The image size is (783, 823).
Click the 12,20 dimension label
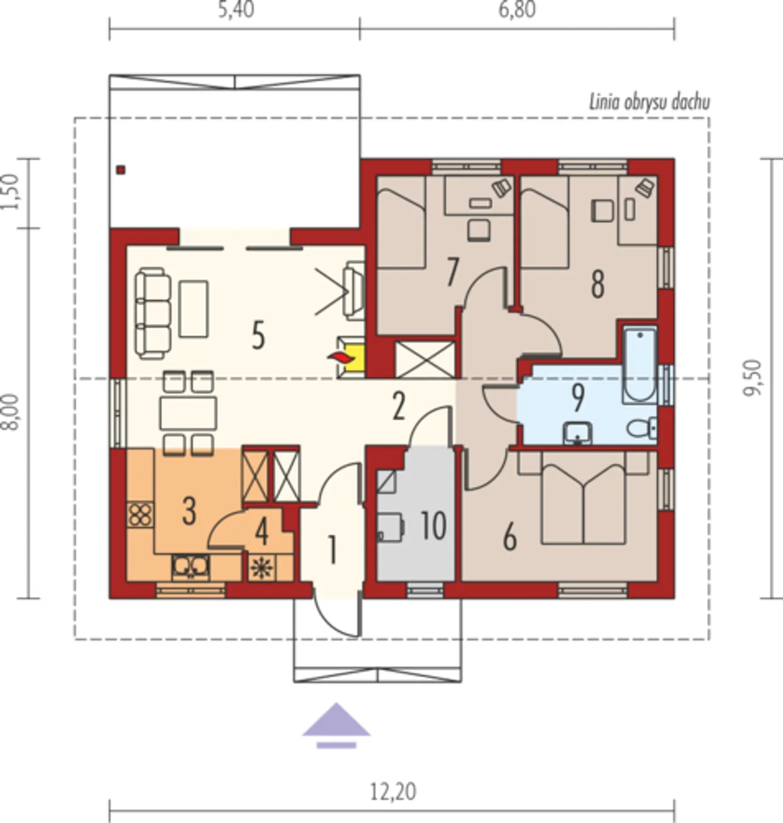pyautogui.click(x=393, y=791)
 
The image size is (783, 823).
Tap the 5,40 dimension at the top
pyautogui.click(x=236, y=9)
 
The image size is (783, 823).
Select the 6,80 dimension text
pyautogui.click(x=517, y=9)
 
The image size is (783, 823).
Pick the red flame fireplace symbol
pyautogui.click(x=341, y=357)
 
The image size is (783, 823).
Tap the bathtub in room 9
pyautogui.click(x=639, y=365)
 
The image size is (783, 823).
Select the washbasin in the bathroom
pyautogui.click(x=577, y=433)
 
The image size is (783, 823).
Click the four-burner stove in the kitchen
pyautogui.click(x=140, y=515)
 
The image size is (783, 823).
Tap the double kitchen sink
pyautogui.click(x=190, y=567)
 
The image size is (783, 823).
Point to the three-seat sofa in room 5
pyautogui.click(x=153, y=313)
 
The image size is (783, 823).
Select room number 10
pyautogui.click(x=433, y=526)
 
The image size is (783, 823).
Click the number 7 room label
pyautogui.click(x=452, y=272)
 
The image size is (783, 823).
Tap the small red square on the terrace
pyautogui.click(x=121, y=169)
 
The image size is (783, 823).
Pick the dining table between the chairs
pyautogui.click(x=188, y=413)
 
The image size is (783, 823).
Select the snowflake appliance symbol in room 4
pyautogui.click(x=262, y=568)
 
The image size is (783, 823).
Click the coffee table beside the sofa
pyautogui.click(x=193, y=309)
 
